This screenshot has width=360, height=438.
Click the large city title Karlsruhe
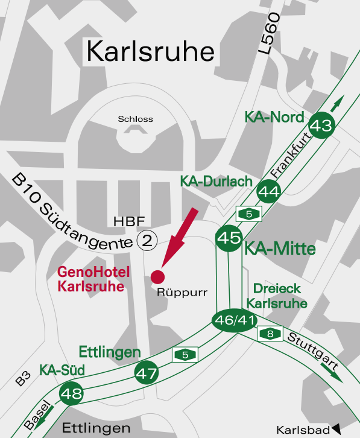pos(150,51)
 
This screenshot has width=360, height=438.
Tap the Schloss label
pos(135,119)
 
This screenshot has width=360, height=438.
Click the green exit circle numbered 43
pos(321,125)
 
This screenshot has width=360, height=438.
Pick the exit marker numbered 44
pos(268,192)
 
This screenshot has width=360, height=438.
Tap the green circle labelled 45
pos(229,238)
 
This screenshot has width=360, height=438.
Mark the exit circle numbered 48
pos(71,395)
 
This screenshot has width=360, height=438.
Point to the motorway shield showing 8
pos(270,333)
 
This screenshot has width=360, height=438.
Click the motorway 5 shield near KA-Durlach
pos(248,214)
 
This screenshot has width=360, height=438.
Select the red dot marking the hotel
pos(157,276)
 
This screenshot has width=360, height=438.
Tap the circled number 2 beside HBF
pos(147,240)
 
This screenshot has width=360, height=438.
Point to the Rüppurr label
pos(182,293)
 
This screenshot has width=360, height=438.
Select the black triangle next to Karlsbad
pos(336,429)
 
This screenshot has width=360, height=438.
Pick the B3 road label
pos(23,378)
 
